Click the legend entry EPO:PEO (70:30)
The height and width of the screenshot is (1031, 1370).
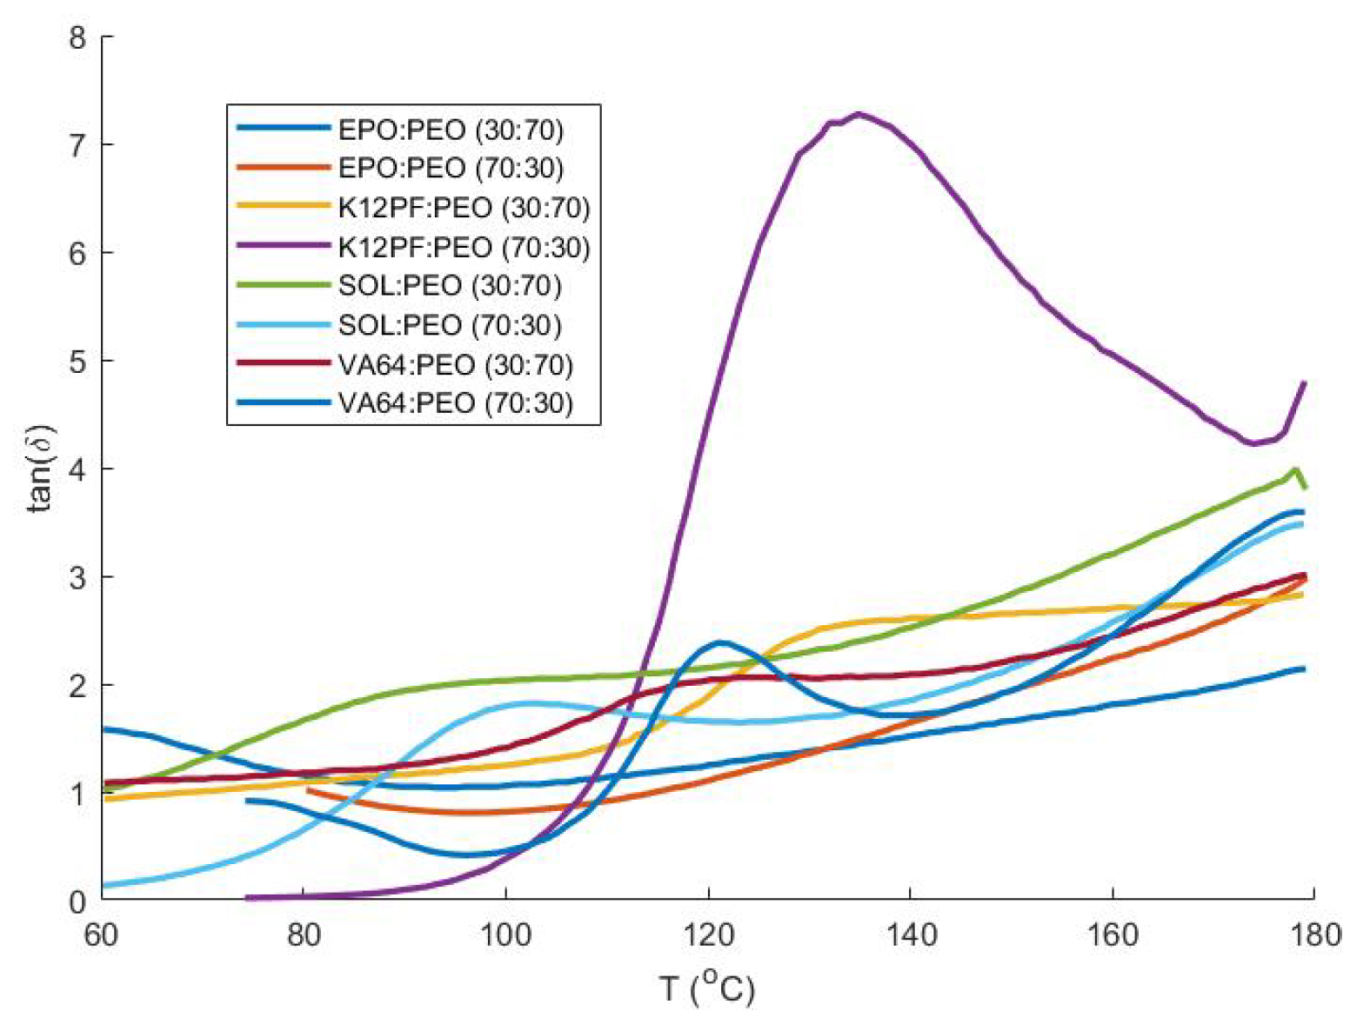point(451,168)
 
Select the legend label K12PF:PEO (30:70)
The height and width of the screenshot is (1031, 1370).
point(464,208)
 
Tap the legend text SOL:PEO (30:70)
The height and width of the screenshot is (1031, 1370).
point(450,286)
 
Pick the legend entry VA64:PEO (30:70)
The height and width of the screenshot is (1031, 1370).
point(456,364)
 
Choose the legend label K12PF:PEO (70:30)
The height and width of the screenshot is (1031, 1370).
point(464,247)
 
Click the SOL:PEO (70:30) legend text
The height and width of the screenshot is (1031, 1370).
point(450,325)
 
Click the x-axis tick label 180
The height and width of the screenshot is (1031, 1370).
point(1313,935)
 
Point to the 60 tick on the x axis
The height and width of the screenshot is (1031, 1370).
point(102,935)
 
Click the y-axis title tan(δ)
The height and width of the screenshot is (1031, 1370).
point(40,469)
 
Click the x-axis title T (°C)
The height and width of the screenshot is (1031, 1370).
point(706,988)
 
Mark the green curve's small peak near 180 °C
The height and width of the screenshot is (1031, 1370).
point(1296,469)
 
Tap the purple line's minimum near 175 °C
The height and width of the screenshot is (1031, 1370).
point(1253,444)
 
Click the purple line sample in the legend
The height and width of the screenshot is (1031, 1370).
point(283,247)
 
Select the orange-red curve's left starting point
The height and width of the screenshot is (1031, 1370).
point(309,790)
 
